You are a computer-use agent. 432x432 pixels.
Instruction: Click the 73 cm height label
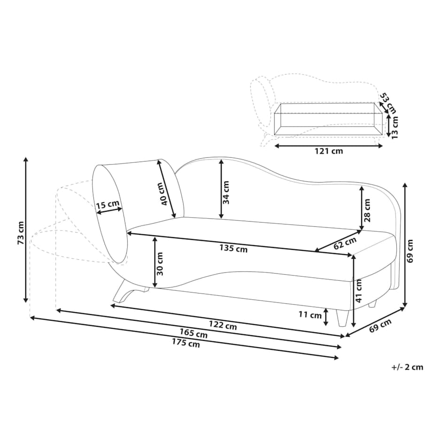tap(21, 233)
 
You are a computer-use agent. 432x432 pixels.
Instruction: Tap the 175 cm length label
tap(186, 343)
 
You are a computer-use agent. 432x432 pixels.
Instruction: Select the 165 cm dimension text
tap(193, 334)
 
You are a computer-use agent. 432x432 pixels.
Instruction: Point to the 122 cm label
tap(223, 325)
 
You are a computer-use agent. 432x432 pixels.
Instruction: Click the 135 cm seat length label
tap(233, 248)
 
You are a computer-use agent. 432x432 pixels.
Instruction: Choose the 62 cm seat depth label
tap(345, 243)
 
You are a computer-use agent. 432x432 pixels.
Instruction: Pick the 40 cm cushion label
tap(164, 194)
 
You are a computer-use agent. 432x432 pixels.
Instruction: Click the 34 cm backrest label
tap(226, 193)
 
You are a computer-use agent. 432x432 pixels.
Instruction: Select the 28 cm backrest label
tap(367, 210)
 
